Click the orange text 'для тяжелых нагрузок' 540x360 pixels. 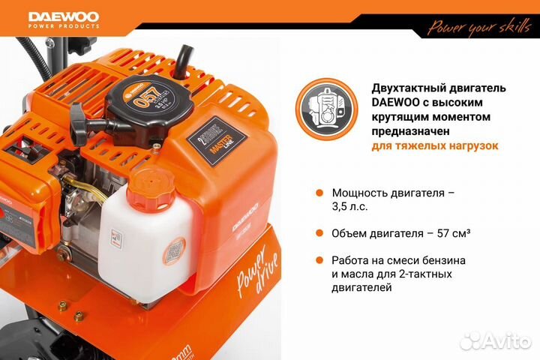click(435, 145)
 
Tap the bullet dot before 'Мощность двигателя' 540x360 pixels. click(319, 193)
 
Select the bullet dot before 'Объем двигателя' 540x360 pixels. click(319, 233)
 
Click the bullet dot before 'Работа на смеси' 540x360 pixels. click(319, 261)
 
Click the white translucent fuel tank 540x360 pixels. click(139, 240)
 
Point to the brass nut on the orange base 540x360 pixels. click(64, 305)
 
